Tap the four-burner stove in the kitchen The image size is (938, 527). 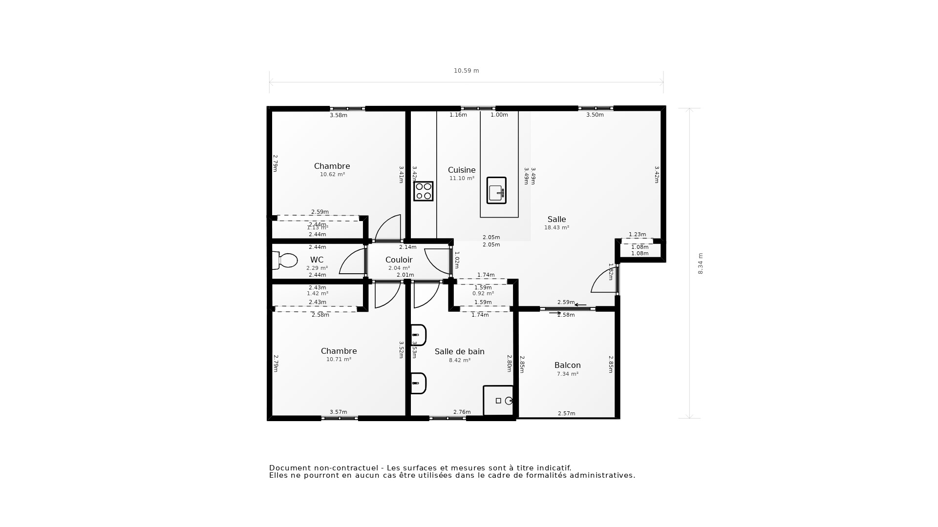pos(423,191)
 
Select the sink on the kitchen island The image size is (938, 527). pos(496,190)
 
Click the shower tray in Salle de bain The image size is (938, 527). pos(498,401)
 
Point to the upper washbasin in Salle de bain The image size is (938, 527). pos(419,335)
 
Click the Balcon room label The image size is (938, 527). pos(567,365)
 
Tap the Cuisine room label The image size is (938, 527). pos(461,170)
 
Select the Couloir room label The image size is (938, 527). pos(399,260)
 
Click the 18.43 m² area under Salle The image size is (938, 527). pos(556,227)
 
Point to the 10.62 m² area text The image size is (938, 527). pos(332,174)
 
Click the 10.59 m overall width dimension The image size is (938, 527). pos(466,71)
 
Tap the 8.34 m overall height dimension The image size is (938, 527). pos(700,263)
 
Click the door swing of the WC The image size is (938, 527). pos(353,262)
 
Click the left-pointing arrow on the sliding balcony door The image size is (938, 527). pos(580,305)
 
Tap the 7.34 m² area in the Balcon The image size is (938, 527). pos(567,374)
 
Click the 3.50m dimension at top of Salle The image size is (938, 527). pos(595,115)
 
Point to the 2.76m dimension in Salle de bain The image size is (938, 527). pos(462,412)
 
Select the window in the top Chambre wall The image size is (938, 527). pos(347,109)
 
